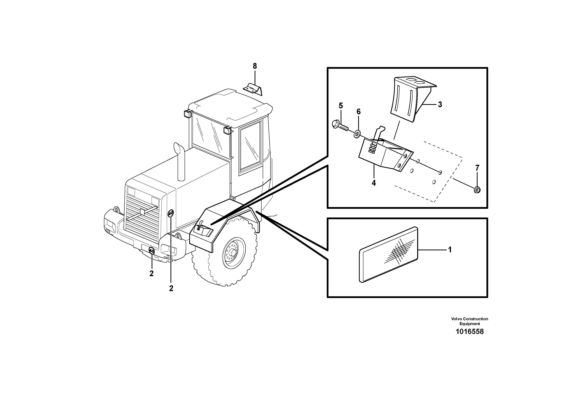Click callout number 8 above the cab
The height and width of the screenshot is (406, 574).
(254, 66)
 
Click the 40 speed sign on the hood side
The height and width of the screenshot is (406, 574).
(171, 213)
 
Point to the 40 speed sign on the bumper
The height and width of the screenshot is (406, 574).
(151, 250)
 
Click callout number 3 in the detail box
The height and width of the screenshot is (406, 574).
(440, 104)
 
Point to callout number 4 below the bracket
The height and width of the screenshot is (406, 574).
(373, 183)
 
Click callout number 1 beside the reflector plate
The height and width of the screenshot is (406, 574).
(450, 250)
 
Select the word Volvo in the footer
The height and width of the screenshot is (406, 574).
(457, 319)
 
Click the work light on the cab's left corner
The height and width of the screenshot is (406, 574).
(187, 114)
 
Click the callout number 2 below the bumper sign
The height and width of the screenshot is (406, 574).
(151, 273)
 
